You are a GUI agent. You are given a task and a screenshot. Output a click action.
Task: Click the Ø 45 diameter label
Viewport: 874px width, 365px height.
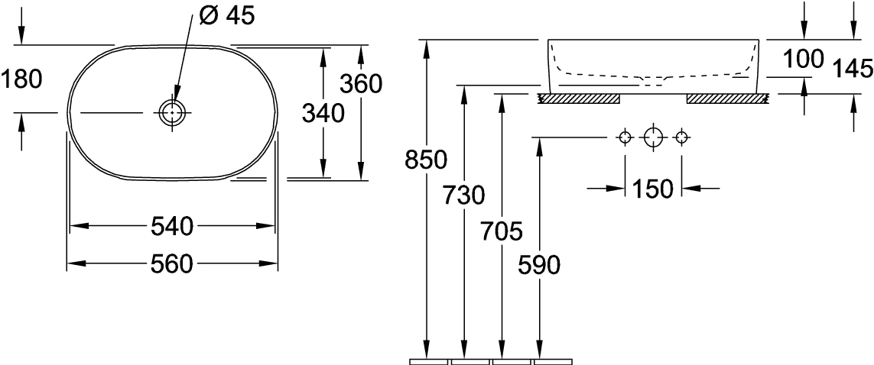pos(226,16)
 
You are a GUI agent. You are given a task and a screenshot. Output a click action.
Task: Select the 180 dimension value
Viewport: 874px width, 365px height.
pos(21,79)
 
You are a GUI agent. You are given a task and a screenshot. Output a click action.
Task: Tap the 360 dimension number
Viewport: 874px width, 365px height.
pos(361,84)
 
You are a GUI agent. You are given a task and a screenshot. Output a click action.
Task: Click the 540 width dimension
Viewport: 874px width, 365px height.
pos(172,227)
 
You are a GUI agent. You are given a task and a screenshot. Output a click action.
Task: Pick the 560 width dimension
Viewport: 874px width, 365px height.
pos(172,264)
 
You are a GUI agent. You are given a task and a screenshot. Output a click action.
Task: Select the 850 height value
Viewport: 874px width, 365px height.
pos(427,161)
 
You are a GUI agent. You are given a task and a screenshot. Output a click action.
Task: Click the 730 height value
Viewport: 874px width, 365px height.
pos(464,195)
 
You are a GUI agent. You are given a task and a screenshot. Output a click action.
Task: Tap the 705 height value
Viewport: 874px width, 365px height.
pos(502,231)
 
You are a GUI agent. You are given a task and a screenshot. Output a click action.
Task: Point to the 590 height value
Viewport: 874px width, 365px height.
pos(539,266)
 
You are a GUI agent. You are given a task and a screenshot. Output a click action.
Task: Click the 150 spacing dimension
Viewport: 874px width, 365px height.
pos(653,189)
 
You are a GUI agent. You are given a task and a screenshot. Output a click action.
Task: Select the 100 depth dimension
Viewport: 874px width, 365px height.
pos(803,59)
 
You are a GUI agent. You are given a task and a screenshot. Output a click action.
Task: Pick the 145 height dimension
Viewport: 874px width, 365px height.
pos(853,69)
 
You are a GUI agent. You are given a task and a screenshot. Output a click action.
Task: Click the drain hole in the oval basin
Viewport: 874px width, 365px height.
pos(172,113)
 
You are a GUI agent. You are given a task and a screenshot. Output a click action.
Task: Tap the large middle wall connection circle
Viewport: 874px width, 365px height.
pos(653,137)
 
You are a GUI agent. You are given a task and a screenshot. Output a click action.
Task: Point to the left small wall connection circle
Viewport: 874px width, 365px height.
pos(625,137)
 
